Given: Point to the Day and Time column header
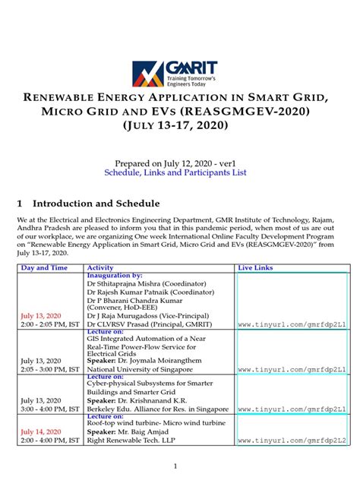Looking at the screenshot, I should click(44, 268).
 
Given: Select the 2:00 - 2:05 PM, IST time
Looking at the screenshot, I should click(50, 324).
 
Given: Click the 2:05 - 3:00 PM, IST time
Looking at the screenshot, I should click(50, 370).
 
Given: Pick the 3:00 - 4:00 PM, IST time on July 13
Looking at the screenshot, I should click(50, 409).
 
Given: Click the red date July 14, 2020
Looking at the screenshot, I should click(41, 431).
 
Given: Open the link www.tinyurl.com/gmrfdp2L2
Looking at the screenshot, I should click(292, 441).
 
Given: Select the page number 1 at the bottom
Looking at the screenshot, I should click(175, 466).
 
